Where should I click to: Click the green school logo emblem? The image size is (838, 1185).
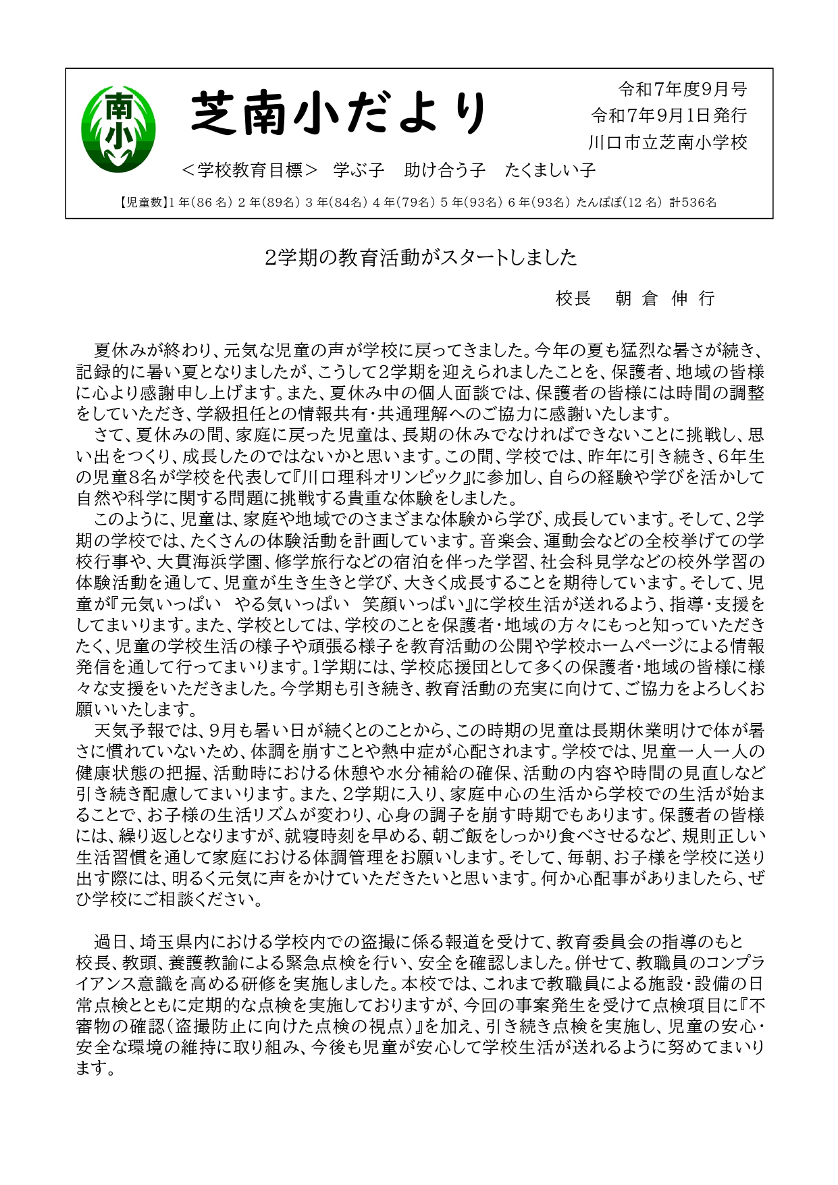coord(118,128)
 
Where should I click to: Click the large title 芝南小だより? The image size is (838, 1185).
coord(339,112)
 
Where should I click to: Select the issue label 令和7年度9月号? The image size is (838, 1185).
coord(683,89)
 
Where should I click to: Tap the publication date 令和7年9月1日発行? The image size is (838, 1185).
coord(669,115)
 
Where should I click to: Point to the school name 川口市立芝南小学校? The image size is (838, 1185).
coord(668,142)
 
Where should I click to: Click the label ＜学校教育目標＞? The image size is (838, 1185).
coord(250,170)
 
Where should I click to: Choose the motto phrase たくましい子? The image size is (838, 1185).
coord(550,170)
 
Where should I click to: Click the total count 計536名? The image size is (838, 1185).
coord(693,203)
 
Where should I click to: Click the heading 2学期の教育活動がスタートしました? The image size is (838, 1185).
coord(421,257)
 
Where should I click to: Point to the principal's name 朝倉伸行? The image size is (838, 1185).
coord(664,298)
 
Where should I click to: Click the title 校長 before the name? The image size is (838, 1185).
coord(573,298)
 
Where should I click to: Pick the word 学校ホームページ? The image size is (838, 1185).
coord(629,646)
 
